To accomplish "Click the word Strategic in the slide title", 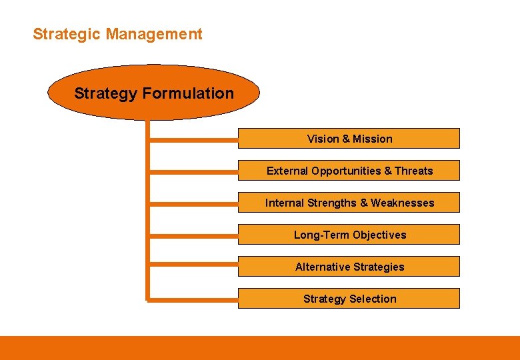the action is click(x=62, y=34).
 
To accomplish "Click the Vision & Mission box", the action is click(x=349, y=139).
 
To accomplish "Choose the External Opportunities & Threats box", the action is click(x=349, y=171).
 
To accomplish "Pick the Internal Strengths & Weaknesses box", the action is click(x=349, y=203).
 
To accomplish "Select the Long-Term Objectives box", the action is click(x=349, y=235).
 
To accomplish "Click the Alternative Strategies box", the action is click(x=349, y=267).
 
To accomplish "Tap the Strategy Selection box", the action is click(x=349, y=299).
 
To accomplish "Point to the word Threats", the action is click(x=413, y=171).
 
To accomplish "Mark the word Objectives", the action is click(x=379, y=235).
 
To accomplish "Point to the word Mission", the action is click(x=373, y=139).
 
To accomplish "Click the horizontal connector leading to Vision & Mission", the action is click(x=193, y=139).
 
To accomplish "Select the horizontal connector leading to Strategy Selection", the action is click(x=193, y=299).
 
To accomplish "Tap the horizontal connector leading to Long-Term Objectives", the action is click(x=193, y=235).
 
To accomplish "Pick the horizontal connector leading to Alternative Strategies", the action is click(x=193, y=267).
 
